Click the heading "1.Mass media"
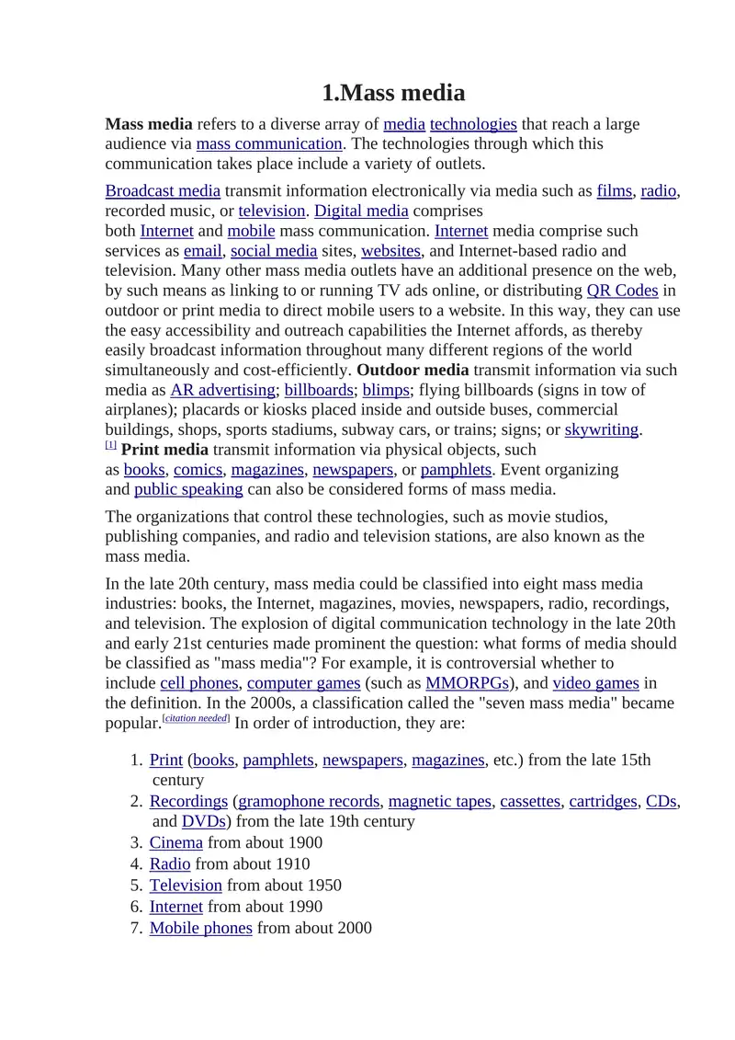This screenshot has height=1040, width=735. pos(393,93)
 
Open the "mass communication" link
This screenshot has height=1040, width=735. pos(269,143)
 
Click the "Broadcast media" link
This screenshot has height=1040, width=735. pos(163,190)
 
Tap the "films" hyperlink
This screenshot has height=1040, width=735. pos(614,190)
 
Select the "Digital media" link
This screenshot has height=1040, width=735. pos(361,211)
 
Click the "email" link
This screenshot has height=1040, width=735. pos(203,250)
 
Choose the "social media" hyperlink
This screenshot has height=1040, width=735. pos(274,250)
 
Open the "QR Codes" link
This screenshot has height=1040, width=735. pos(622,290)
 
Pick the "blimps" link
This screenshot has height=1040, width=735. pos(386,389)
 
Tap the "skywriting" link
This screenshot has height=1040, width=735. pos(602,429)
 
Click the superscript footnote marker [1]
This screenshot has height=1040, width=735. pos(110,445)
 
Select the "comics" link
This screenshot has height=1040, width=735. pos(198,469)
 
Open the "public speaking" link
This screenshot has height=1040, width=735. pos(188,489)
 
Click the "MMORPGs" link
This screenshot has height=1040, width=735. pos(468,682)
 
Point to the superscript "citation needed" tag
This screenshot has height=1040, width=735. pos(196,718)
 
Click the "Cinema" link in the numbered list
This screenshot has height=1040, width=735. pos(176,842)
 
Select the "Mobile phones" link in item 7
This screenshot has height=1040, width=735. pos(200,928)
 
